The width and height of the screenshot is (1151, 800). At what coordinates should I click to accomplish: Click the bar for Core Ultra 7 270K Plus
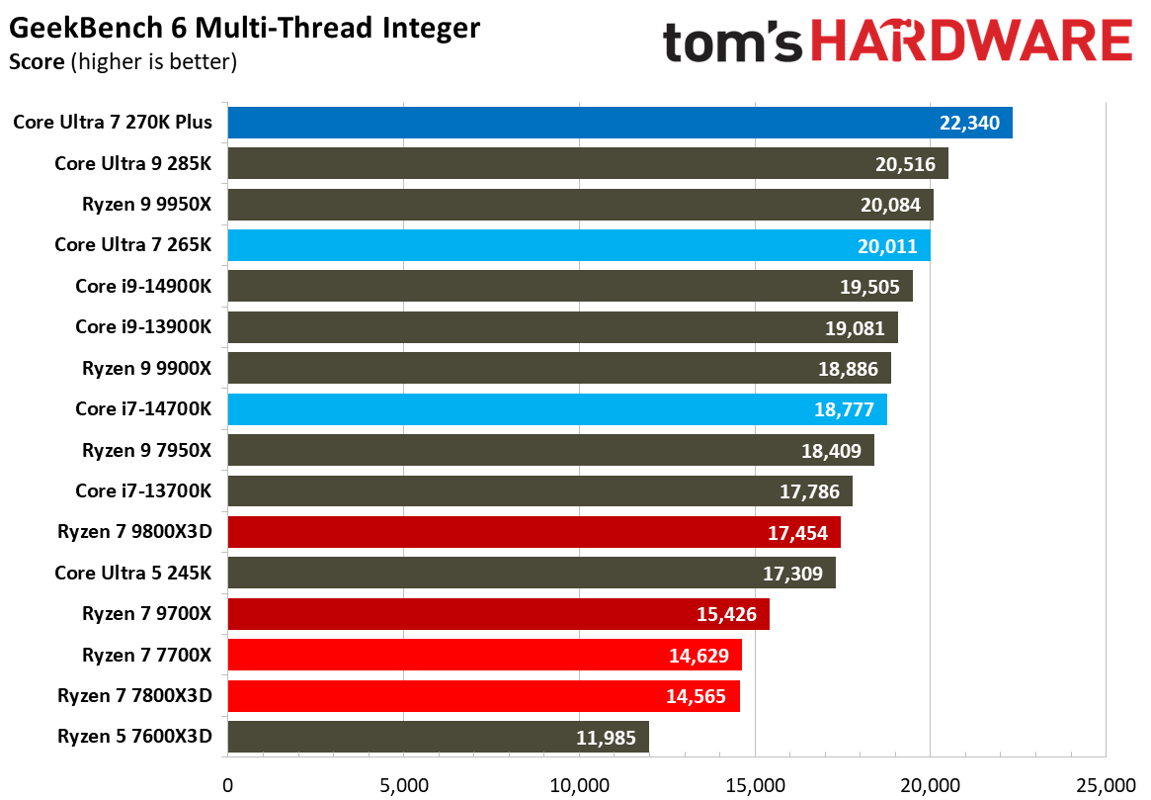point(619,123)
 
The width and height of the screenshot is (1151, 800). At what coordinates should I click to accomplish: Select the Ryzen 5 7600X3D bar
point(438,737)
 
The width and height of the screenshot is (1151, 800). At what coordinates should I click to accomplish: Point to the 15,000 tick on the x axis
point(755,785)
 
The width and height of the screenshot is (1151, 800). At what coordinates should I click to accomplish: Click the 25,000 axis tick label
point(1106,785)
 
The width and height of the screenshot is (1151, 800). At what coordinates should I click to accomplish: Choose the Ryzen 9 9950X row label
point(147,205)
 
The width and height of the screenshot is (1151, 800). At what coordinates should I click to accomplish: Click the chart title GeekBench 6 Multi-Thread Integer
point(244,28)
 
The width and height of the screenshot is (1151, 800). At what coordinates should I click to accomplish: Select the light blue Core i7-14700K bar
point(557,409)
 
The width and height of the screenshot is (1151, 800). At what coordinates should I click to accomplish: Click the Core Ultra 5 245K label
point(133,573)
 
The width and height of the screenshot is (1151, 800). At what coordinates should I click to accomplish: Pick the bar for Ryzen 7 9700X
point(498,614)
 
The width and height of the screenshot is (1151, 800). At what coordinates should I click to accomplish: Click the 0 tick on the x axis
point(228,785)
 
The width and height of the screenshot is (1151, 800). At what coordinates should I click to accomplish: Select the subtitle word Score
point(37,62)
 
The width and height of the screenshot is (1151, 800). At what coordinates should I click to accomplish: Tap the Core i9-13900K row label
point(143,327)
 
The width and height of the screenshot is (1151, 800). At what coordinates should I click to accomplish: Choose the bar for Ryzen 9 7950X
point(550,450)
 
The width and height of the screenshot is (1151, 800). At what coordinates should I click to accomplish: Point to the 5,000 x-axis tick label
point(404,785)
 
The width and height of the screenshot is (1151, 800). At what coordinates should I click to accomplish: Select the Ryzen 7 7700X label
point(147,655)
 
